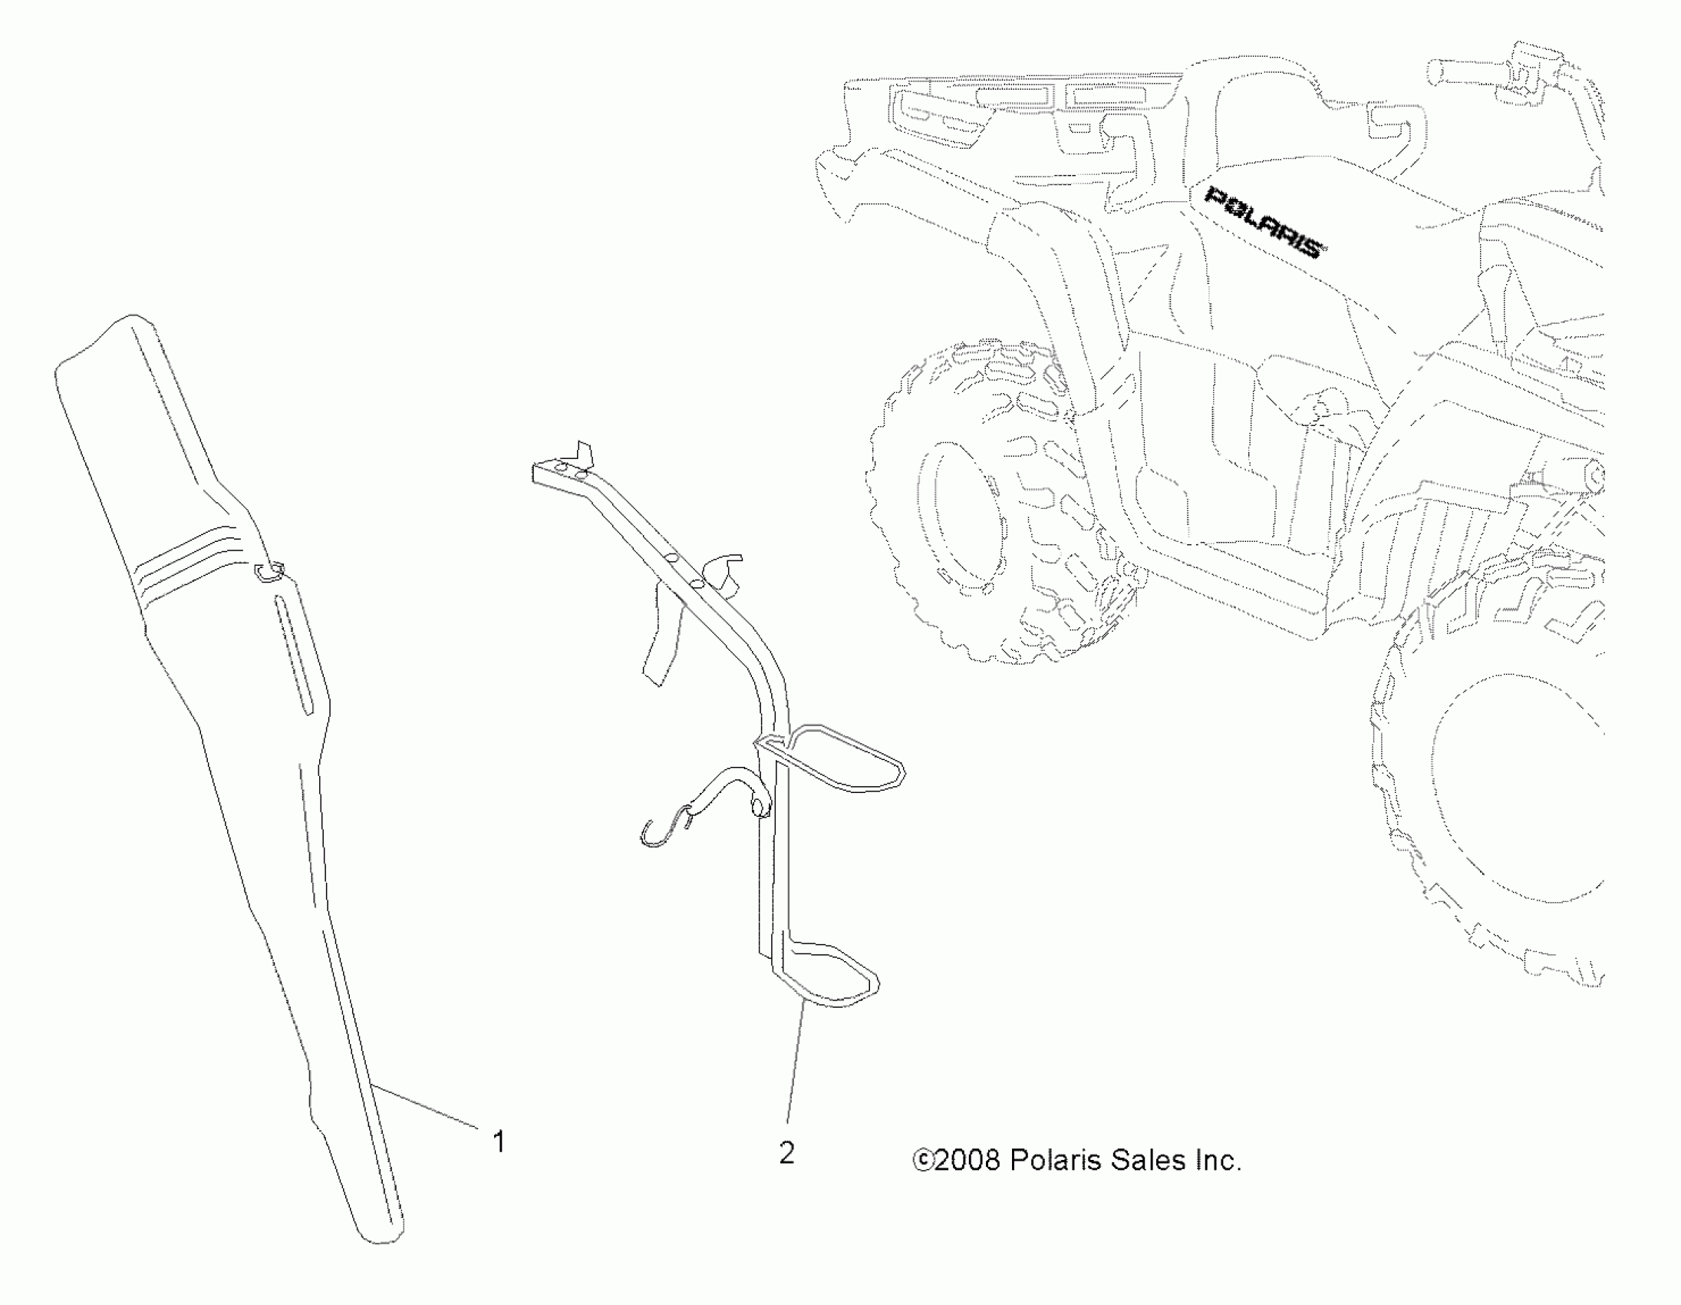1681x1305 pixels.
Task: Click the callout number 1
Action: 499,1141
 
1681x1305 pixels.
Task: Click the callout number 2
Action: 786,1152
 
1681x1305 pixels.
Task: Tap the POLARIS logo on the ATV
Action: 1264,222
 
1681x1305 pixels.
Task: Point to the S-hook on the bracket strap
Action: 664,828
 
